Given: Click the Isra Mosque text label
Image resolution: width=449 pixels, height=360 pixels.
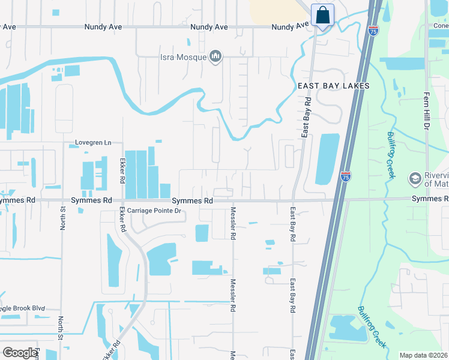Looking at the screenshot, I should coord(182,58).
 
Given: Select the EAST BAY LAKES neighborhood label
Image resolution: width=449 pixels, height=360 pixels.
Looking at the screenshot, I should coord(334,86).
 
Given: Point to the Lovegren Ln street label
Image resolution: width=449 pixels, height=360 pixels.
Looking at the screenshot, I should coord(93,143).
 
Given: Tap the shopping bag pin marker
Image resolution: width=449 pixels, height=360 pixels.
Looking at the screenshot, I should coord(322,16).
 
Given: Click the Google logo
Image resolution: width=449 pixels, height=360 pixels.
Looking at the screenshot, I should coord(20,353).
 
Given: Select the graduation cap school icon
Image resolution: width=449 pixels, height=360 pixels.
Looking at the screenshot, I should coord(414,178).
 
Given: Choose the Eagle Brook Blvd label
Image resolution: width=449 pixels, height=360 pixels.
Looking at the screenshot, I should coord(23,308).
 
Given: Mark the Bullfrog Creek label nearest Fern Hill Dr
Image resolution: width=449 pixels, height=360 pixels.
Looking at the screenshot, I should coord(390,154).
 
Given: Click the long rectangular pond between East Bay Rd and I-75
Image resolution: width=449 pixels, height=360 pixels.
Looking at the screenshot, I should coord(327,159).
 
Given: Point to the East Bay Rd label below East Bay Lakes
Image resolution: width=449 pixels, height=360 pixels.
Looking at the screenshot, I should coord(306,116).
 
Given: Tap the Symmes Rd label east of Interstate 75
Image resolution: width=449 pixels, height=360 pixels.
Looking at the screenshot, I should coord(429,199).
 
